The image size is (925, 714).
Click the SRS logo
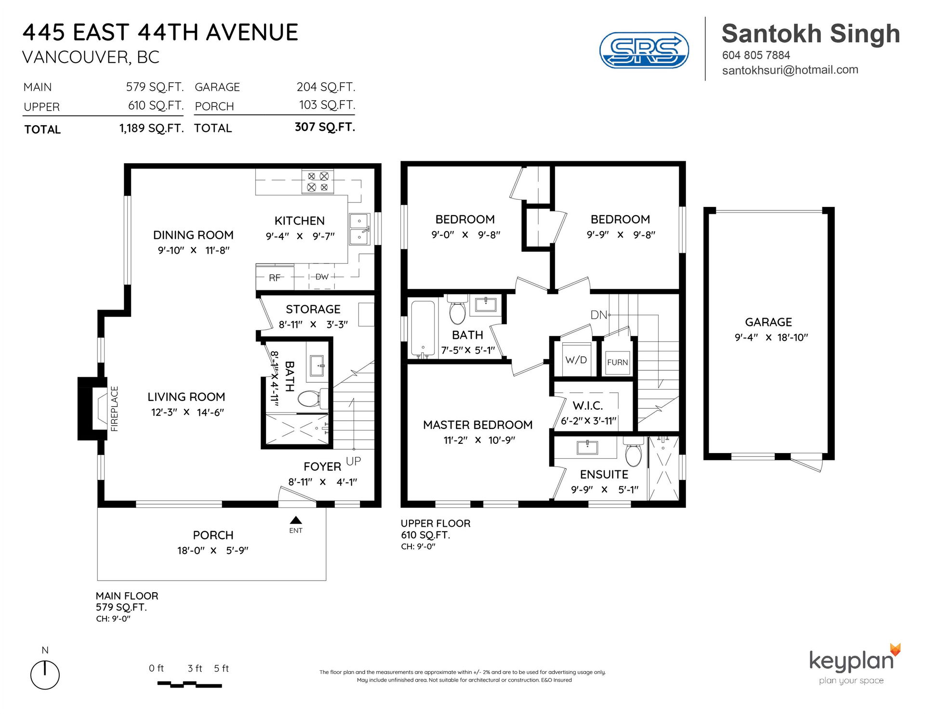click(x=644, y=50)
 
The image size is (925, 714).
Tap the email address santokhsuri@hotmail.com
click(x=790, y=70)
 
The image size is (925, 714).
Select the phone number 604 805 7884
click(x=756, y=55)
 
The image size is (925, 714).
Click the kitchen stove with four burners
click(x=318, y=182)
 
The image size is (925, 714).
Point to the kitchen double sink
click(x=359, y=229)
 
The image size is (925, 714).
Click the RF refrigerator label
click(x=275, y=278)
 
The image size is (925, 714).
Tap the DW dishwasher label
click(x=322, y=277)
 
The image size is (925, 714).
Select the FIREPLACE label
click(x=115, y=409)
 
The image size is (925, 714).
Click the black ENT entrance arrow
click(x=296, y=520)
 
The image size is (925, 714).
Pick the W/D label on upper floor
click(x=576, y=360)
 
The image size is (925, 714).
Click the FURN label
click(x=618, y=362)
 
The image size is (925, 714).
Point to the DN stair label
click(x=599, y=315)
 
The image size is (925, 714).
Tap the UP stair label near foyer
click(x=353, y=461)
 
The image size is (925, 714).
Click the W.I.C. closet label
click(x=588, y=405)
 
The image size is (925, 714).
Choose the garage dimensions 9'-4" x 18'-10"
click(x=771, y=338)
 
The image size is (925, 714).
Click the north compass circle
click(x=45, y=675)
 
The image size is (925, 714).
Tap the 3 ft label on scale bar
click(x=195, y=668)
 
